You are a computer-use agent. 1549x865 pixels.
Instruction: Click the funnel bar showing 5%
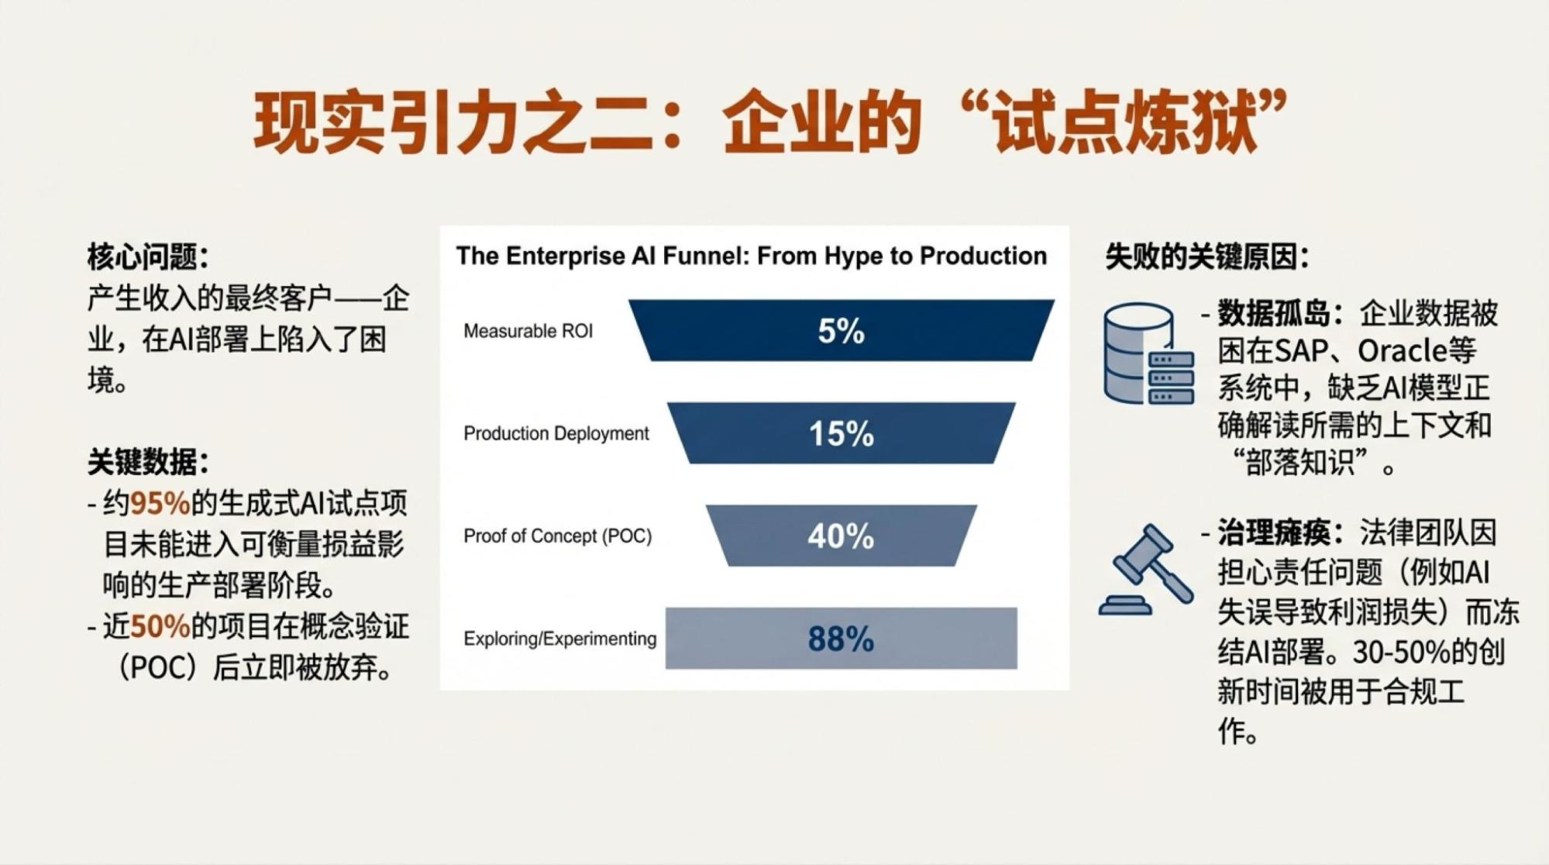842,330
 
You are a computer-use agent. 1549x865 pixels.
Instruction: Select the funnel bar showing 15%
842,432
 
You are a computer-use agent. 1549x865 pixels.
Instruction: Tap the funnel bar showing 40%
842,536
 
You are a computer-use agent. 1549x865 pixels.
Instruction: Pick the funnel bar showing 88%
842,638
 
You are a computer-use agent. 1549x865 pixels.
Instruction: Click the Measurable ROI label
528,331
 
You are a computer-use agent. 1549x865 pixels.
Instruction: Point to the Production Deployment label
556,433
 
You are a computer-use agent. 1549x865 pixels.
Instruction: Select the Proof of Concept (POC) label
558,536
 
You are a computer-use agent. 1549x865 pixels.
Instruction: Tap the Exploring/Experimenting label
560,639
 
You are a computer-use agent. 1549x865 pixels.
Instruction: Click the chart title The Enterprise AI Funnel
752,256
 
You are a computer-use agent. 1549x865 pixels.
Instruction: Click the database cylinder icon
1148,353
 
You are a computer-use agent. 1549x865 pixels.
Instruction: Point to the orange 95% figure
160,504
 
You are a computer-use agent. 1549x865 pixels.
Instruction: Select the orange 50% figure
160,626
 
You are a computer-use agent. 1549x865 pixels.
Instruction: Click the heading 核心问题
148,257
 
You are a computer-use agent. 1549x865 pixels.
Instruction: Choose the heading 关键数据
148,463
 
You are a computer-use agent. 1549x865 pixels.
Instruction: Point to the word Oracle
1403,351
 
